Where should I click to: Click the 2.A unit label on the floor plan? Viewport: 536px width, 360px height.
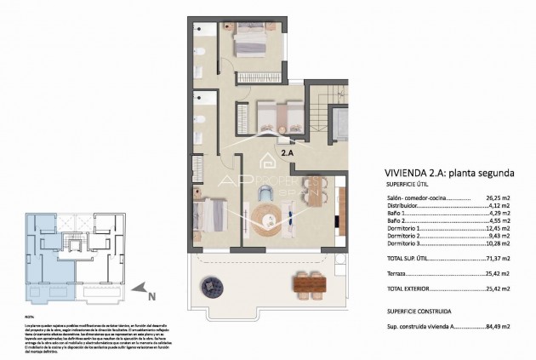click(288, 152)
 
